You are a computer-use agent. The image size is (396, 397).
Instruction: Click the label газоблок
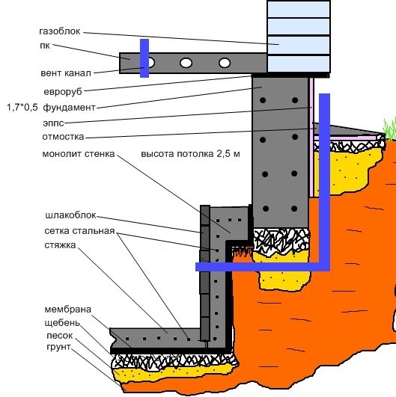(60, 31)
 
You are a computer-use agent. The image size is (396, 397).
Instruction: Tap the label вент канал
(66, 73)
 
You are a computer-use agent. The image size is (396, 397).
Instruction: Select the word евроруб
(63, 92)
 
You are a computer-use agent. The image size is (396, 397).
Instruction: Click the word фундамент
(69, 108)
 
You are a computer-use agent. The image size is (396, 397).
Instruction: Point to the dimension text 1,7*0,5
(22, 108)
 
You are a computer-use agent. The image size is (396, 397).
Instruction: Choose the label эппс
(53, 123)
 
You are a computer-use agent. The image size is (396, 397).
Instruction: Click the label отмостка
(63, 137)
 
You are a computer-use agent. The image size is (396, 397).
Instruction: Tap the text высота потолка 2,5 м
(190, 154)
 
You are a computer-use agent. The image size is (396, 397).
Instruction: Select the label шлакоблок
(70, 215)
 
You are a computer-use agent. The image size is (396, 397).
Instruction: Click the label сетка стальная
(79, 231)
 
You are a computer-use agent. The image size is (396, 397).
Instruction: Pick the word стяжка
(60, 245)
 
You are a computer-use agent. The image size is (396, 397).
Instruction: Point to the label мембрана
(67, 310)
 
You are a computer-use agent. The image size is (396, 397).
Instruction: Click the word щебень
(62, 323)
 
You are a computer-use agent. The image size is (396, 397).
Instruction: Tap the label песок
(60, 336)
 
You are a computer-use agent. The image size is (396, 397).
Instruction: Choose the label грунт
(58, 347)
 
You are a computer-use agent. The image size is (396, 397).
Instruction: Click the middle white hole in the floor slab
(186, 63)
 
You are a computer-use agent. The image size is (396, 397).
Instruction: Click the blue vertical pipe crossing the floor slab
(144, 58)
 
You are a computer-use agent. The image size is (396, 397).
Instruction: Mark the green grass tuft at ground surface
(390, 129)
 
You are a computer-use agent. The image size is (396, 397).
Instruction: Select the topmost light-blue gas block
(299, 9)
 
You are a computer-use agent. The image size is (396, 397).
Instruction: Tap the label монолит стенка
(79, 154)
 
